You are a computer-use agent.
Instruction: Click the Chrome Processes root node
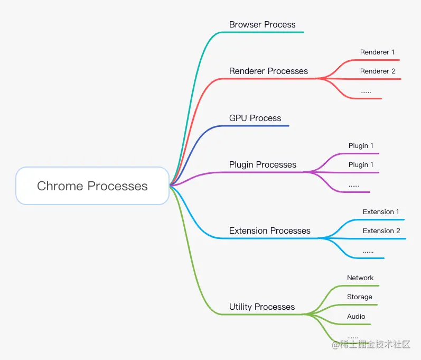pyautogui.click(x=92, y=186)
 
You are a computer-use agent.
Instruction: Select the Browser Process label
pyautogui.click(x=262, y=24)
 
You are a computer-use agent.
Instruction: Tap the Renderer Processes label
pyautogui.click(x=268, y=71)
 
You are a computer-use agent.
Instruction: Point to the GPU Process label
pyautogui.click(x=255, y=118)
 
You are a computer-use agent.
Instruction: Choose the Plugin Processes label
pyautogui.click(x=263, y=164)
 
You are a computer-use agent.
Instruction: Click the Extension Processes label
pyautogui.click(x=269, y=230)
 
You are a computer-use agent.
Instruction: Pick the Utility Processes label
pyautogui.click(x=262, y=307)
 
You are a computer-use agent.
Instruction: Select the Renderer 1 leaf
pyautogui.click(x=377, y=52)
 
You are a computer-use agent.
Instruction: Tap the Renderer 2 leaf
pyautogui.click(x=378, y=71)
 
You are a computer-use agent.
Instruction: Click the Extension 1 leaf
pyautogui.click(x=381, y=212)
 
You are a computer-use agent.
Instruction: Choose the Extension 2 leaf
pyautogui.click(x=381, y=231)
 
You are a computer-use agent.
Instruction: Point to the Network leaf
pyautogui.click(x=360, y=278)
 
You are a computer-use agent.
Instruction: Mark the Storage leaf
pyautogui.click(x=359, y=297)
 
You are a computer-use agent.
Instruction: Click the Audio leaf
pyautogui.click(x=356, y=317)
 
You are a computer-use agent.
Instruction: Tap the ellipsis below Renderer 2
pyautogui.click(x=366, y=92)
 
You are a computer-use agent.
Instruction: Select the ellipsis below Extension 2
pyautogui.click(x=368, y=252)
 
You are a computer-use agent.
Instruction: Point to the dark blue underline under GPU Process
pyautogui.click(x=259, y=126)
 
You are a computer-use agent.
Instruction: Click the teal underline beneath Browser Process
pyautogui.click(x=264, y=32)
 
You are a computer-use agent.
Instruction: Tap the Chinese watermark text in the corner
pyautogui.click(x=375, y=345)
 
